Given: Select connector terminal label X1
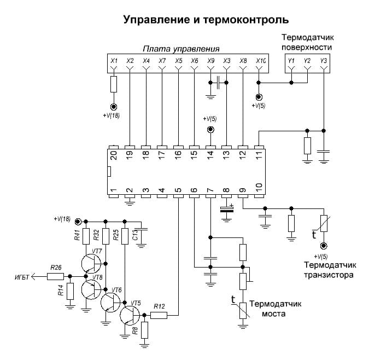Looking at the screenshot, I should pos(114,61).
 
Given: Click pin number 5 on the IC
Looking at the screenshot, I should pos(178,193).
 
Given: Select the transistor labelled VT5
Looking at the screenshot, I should pos(130,316).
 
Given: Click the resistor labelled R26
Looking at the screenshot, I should pos(55,276).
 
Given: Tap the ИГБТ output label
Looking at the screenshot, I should pos(22,277).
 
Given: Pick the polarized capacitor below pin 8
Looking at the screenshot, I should pos(226,208).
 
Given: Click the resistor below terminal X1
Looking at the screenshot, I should pos(114,84).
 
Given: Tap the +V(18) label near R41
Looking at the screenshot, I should pos(62,219).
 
